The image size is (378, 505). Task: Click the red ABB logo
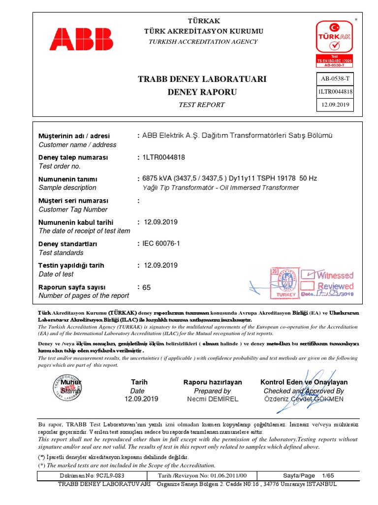81,39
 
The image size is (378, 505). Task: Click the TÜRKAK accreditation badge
334,43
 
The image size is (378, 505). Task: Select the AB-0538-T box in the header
334,79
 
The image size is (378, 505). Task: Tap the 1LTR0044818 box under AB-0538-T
334,92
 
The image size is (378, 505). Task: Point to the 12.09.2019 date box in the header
334,105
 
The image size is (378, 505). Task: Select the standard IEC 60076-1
161,244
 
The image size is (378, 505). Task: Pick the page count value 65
147,287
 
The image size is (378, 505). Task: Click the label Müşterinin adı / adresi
74,136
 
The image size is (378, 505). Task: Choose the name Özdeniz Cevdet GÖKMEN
304,399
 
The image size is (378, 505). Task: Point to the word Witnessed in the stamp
335,275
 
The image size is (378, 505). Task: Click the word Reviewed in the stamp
335,286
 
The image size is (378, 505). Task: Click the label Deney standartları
68,244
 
